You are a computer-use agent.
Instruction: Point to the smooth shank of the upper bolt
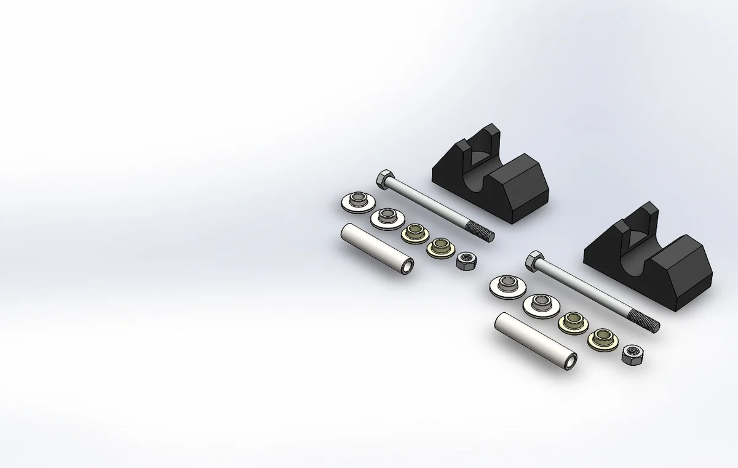430,204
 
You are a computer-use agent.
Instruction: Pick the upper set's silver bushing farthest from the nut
357,201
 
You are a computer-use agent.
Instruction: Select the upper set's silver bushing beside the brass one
386,217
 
